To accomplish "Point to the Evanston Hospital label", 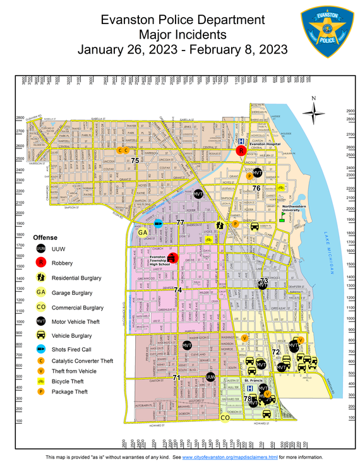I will tap(265, 144).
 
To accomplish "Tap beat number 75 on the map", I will tap(135, 161).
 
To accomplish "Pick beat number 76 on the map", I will tap(256, 188).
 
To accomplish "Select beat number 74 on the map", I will tap(177, 289).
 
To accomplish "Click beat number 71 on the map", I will tap(176, 378).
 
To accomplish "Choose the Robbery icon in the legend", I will tap(41, 262).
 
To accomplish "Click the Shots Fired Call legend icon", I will tap(41, 349).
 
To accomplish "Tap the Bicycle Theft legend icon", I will tap(41, 381).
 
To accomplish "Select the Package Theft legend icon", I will tap(41, 392).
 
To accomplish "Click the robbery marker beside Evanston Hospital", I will tap(241, 151).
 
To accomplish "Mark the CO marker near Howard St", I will tap(224, 417).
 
